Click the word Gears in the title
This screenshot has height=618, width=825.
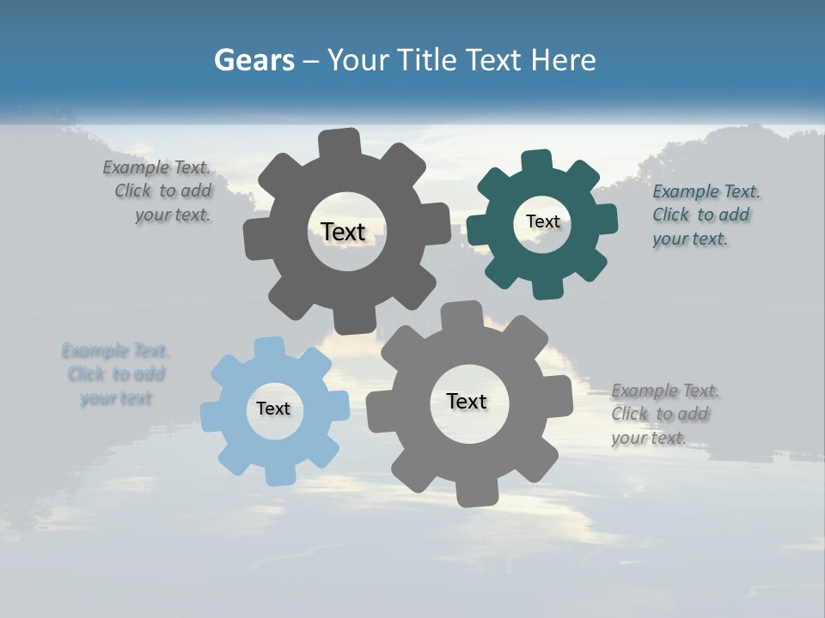click(x=254, y=60)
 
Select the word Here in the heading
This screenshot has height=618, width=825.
click(x=564, y=60)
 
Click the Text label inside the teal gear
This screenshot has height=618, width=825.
click(x=542, y=221)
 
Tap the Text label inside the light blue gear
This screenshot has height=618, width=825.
click(x=273, y=409)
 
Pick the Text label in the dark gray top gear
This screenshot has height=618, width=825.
click(x=343, y=232)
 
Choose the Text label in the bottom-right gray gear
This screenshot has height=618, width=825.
click(x=467, y=401)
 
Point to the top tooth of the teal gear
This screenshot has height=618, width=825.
click(x=536, y=161)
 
